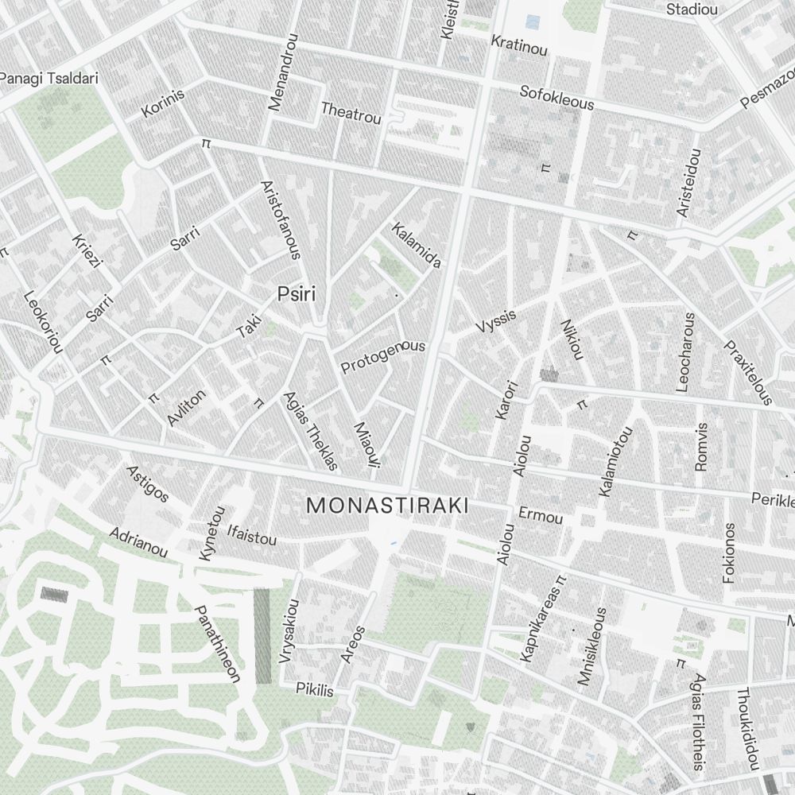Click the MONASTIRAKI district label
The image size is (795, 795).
387,506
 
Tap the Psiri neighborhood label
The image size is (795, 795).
297,295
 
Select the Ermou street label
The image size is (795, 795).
541,516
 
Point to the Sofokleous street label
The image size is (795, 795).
556,97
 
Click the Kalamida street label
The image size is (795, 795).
416,245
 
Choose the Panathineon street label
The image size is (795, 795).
217,644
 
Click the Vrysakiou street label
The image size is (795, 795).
288,630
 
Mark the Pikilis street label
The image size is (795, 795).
315,688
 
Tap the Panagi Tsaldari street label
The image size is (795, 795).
37,78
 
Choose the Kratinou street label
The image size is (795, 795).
520,45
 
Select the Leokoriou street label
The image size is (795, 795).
43,323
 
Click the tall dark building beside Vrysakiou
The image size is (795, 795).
262,636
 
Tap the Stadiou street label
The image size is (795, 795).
692,10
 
